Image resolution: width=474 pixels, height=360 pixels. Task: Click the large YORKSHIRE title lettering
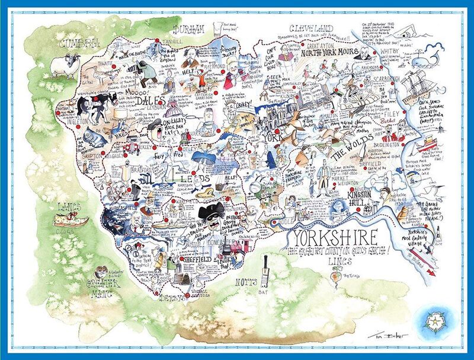coord(332,238)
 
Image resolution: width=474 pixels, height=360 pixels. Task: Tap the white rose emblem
coord(434,321)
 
